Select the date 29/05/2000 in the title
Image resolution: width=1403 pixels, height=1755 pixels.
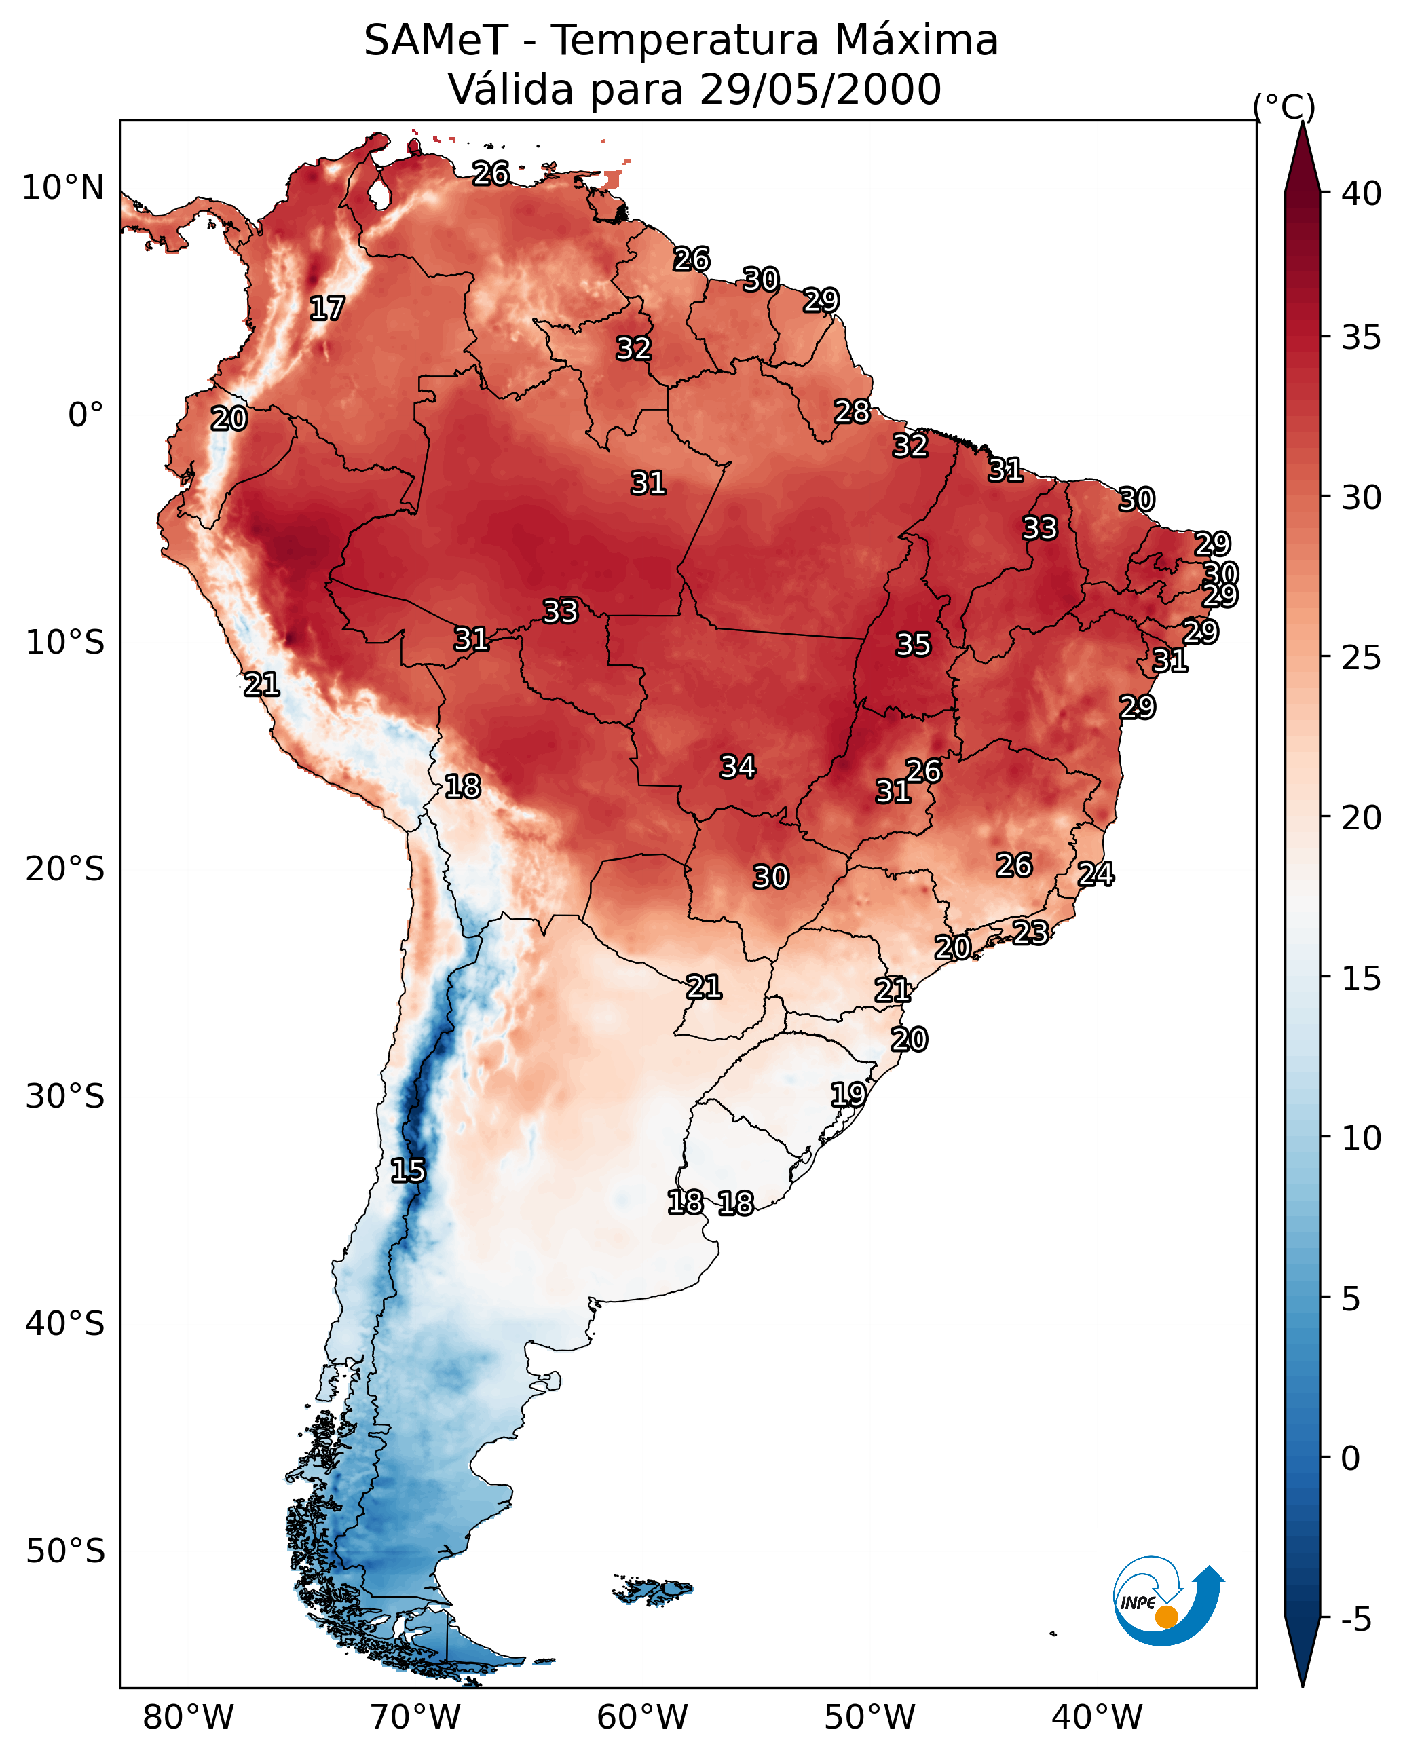[820, 90]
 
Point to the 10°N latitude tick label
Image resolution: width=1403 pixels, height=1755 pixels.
[62, 188]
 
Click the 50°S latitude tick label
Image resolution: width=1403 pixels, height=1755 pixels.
[65, 1551]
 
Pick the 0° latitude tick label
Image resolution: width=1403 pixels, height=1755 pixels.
[86, 415]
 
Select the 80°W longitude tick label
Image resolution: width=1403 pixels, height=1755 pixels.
[188, 1717]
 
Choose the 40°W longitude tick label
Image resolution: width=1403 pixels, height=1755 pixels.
[1097, 1717]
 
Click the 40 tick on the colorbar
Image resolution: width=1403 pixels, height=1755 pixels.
[1362, 193]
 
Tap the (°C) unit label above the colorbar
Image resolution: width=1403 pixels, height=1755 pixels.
[1284, 107]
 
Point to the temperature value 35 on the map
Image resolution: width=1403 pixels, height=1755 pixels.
[913, 645]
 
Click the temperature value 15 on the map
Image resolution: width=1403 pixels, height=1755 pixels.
[408, 1171]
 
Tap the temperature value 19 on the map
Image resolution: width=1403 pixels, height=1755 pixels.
[848, 1094]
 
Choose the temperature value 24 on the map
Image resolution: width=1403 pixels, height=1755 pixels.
[1096, 874]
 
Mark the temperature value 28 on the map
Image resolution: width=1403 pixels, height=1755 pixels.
[852, 412]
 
